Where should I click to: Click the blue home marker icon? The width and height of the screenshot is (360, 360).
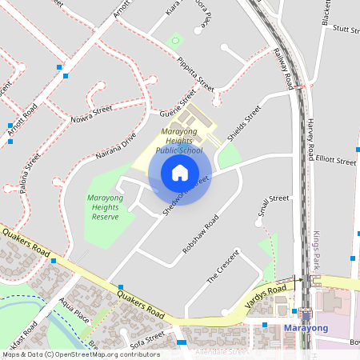pos(180,172)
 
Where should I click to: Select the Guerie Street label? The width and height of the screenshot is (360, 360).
pos(177,105)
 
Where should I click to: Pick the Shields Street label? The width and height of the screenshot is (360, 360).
pos(244,124)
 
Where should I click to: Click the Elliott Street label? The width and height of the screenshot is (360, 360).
pos(335,160)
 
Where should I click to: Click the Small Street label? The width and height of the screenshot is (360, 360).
pos(273,206)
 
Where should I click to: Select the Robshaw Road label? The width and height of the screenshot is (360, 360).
pos(200,234)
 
